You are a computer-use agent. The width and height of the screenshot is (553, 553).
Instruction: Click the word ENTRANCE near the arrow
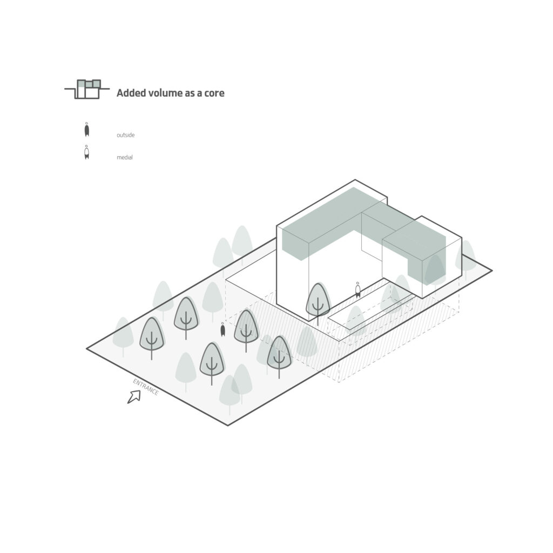click(x=146, y=387)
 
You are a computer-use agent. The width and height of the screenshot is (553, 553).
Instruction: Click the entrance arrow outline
click(x=134, y=397)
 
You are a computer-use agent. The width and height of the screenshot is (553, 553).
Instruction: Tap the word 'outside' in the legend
click(x=125, y=135)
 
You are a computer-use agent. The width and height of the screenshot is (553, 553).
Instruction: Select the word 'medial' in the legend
click(x=125, y=157)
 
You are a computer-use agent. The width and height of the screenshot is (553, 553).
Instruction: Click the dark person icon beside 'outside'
click(x=87, y=130)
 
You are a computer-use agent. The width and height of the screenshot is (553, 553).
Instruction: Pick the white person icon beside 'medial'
click(x=87, y=152)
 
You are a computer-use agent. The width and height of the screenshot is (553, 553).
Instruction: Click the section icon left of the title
click(x=87, y=89)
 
